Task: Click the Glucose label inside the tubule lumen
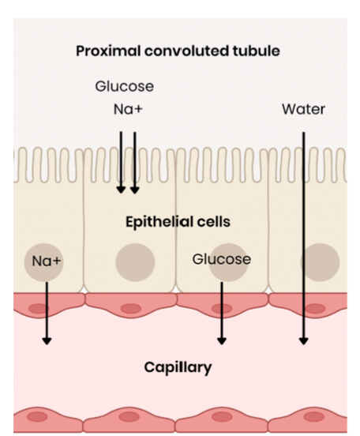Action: (x=124, y=86)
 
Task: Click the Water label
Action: (x=303, y=109)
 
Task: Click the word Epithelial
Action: (x=159, y=222)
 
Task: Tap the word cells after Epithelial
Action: (x=212, y=222)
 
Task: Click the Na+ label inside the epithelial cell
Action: (x=47, y=261)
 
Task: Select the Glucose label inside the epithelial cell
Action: (x=221, y=259)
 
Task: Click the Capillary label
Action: (x=178, y=367)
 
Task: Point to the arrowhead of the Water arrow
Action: (x=303, y=340)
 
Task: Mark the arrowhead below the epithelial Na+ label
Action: (x=47, y=340)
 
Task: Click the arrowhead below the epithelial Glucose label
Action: (x=222, y=340)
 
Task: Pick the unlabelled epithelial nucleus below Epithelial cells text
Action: (x=135, y=263)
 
